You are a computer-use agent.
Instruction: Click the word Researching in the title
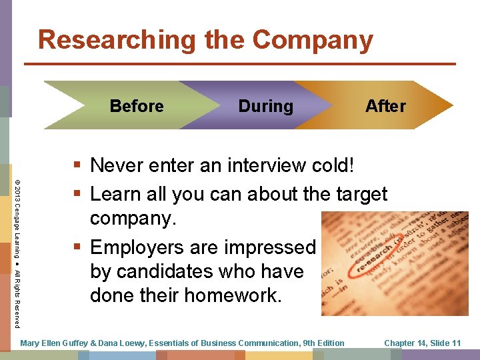117,40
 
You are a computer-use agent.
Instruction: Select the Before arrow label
137,106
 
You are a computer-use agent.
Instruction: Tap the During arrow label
265,106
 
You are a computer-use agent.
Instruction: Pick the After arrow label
385,106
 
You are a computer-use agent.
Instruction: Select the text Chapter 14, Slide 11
422,343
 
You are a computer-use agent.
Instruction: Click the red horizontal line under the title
240,64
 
